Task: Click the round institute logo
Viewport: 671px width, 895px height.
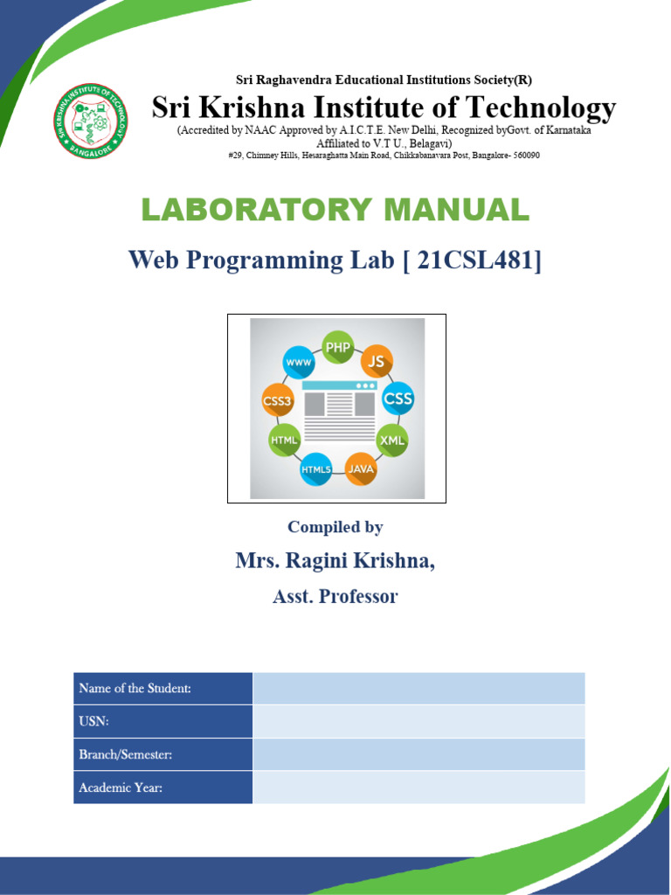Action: coord(91,121)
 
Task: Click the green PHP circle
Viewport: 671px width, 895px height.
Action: coord(337,347)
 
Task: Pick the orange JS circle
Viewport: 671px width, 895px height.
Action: coord(377,360)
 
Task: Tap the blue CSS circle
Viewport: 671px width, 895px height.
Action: coord(398,399)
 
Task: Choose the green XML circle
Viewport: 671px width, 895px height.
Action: coord(392,440)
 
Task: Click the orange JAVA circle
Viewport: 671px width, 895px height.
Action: coord(361,468)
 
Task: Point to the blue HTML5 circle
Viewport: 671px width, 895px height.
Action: coord(316,469)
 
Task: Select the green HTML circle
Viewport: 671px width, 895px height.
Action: coord(285,441)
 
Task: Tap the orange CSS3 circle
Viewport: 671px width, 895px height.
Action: coord(278,400)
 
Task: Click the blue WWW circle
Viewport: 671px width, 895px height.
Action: coord(298,361)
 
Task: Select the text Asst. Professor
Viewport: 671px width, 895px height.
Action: coord(335,597)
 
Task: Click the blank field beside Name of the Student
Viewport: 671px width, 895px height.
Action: coord(419,688)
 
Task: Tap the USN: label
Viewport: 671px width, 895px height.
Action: coord(93,721)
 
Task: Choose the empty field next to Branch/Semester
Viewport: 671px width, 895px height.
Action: coord(419,754)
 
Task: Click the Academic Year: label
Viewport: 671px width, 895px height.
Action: coord(121,787)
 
